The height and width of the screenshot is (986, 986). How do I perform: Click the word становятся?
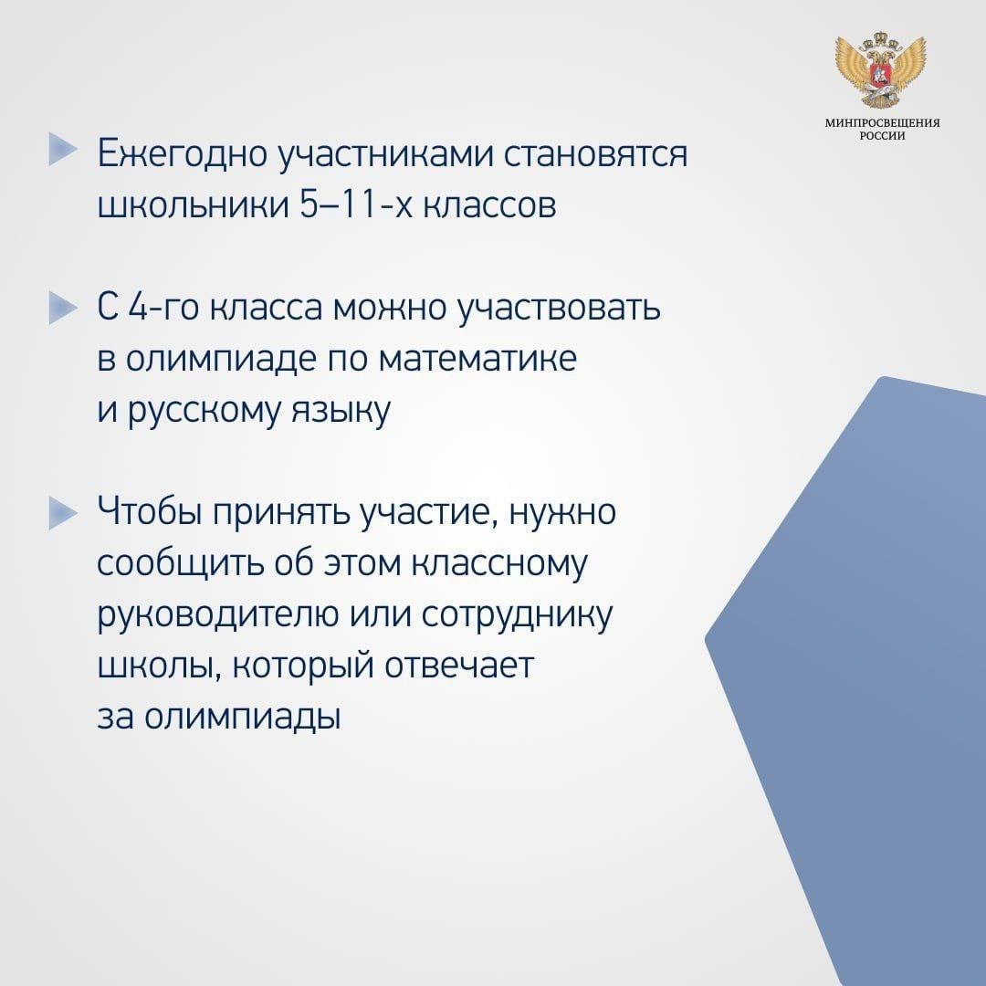pos(595,154)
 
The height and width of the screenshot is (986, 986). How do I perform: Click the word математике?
pos(478,359)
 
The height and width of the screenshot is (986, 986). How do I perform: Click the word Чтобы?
pos(150,512)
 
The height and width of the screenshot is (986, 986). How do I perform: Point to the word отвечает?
pos(459,666)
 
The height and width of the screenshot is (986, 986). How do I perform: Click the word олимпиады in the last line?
pos(243,718)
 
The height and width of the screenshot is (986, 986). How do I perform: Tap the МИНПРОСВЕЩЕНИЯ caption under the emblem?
pos(882,123)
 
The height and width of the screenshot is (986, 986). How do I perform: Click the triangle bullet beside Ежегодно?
pos(63,150)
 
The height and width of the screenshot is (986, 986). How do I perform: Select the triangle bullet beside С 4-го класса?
pos(63,309)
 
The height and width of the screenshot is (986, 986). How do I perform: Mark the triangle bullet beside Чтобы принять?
pos(63,513)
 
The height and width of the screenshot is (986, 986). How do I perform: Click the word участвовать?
pos(558,309)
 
